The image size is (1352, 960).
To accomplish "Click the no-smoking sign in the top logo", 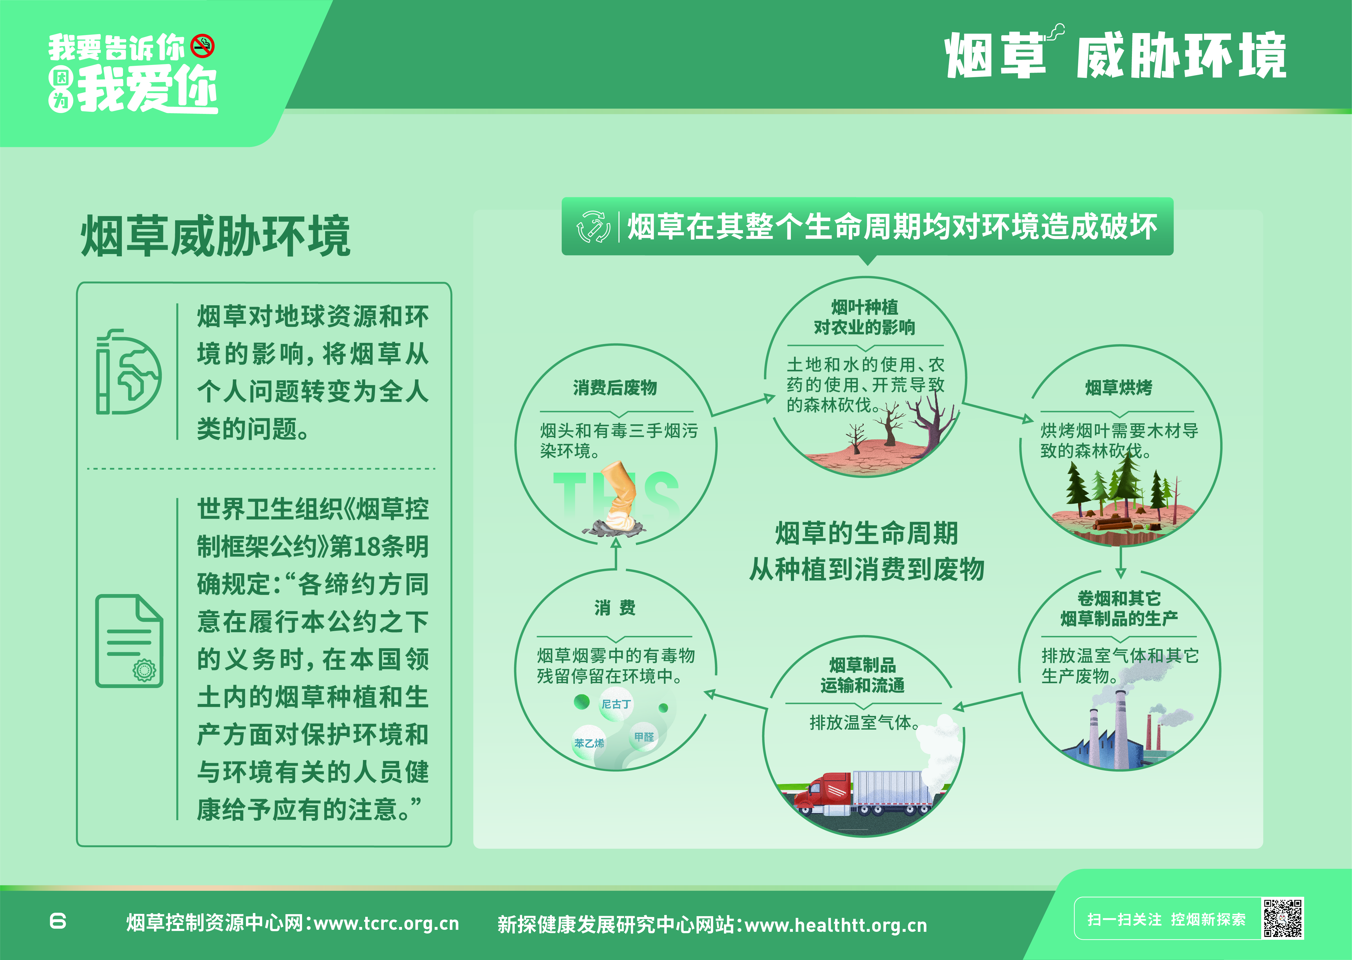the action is click(x=203, y=46).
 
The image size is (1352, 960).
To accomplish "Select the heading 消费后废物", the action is click(x=615, y=388).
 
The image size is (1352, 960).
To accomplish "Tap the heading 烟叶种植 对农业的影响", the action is click(x=865, y=317).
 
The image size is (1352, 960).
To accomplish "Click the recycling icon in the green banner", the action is click(x=593, y=226).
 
